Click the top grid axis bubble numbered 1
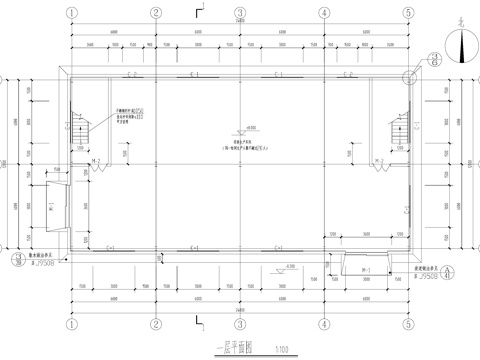pos(71,14)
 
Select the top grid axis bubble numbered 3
pos(240,14)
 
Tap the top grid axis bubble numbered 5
pos(409,14)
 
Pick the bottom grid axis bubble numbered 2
pos(156,323)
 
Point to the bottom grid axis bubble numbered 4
pos(324,323)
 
